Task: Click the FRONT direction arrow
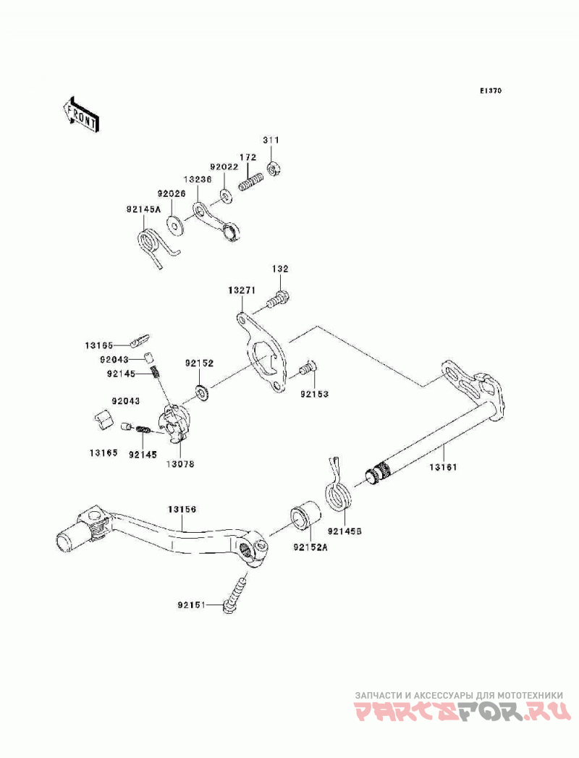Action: pos(81,114)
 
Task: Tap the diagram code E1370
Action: pos(491,90)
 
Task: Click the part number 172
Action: pos(248,158)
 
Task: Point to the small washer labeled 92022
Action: pos(226,195)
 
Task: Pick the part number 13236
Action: pos(198,178)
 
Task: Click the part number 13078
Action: pos(180,463)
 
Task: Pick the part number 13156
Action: pos(182,509)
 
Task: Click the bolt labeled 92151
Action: pos(235,593)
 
